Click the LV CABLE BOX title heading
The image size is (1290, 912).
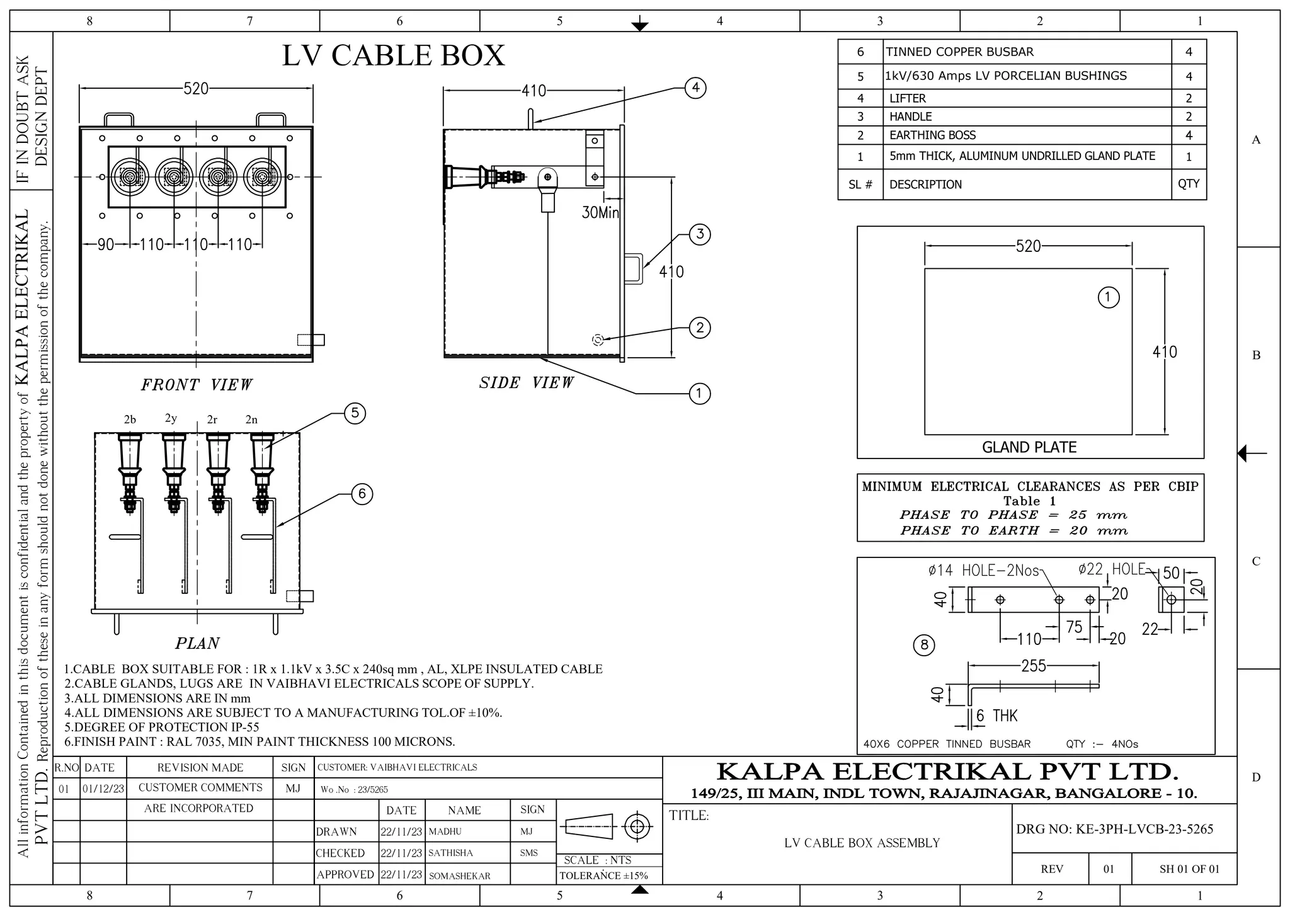pyautogui.click(x=393, y=55)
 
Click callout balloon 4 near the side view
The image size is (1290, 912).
pyautogui.click(x=695, y=88)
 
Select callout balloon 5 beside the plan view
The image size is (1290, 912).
pyautogui.click(x=355, y=413)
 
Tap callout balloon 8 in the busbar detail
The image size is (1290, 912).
pyautogui.click(x=924, y=644)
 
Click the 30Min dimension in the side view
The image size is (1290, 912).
pyautogui.click(x=600, y=213)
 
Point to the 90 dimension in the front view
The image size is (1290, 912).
pyautogui.click(x=106, y=244)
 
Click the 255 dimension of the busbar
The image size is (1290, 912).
pyautogui.click(x=1033, y=666)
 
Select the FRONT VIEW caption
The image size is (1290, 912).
pyautogui.click(x=197, y=385)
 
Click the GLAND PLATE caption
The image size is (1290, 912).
pyautogui.click(x=1029, y=447)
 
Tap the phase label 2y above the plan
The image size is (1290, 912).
pyautogui.click(x=171, y=418)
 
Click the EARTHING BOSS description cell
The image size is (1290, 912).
pyautogui.click(x=932, y=135)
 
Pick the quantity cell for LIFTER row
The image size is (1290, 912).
pyautogui.click(x=1189, y=98)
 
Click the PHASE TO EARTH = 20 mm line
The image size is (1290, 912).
pyautogui.click(x=1013, y=530)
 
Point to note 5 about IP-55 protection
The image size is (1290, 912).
pyautogui.click(x=162, y=727)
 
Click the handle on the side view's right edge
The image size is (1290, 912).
pyautogui.click(x=634, y=269)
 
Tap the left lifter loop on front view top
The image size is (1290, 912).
pyautogui.click(x=118, y=119)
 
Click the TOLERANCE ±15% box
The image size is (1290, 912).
pyautogui.click(x=603, y=875)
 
